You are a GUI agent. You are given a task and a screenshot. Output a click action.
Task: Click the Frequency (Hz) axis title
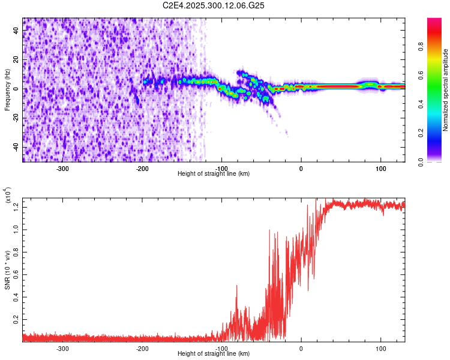[x=7, y=89]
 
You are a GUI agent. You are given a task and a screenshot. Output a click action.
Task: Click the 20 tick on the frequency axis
[x=16, y=60]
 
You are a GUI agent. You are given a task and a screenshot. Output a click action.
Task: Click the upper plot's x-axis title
[x=214, y=174]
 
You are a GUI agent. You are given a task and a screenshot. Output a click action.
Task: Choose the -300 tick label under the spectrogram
[x=63, y=168]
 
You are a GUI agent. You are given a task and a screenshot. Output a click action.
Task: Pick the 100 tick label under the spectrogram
[x=380, y=168]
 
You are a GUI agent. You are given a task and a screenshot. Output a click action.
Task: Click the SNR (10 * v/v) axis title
[x=7, y=269]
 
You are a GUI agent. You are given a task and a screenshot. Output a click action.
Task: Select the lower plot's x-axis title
[x=214, y=354]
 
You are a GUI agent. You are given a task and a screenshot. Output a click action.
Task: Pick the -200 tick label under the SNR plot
[x=142, y=348]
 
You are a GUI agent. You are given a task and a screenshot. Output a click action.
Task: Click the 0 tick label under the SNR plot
[x=301, y=348]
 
